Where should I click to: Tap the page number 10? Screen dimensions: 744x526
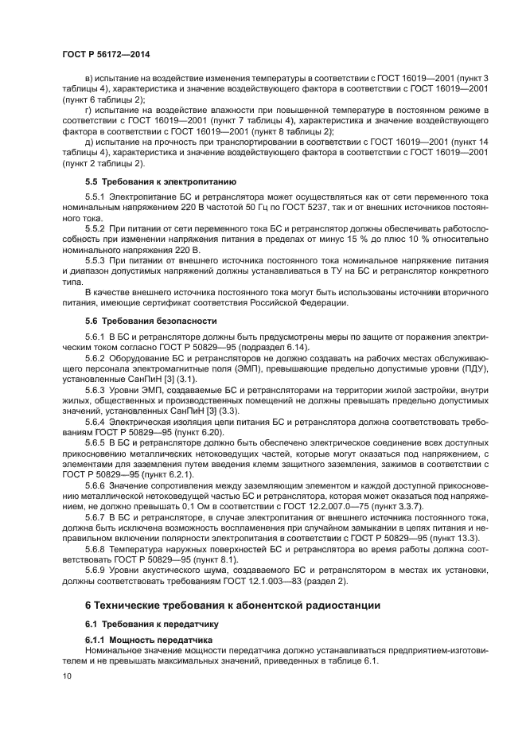67,676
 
